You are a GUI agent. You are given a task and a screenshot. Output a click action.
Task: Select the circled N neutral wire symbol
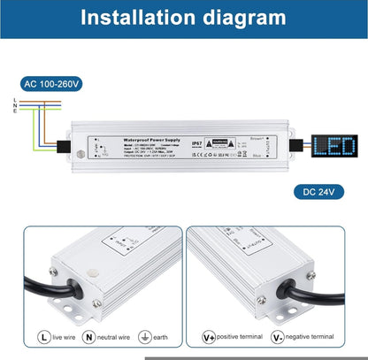point(88,337)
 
